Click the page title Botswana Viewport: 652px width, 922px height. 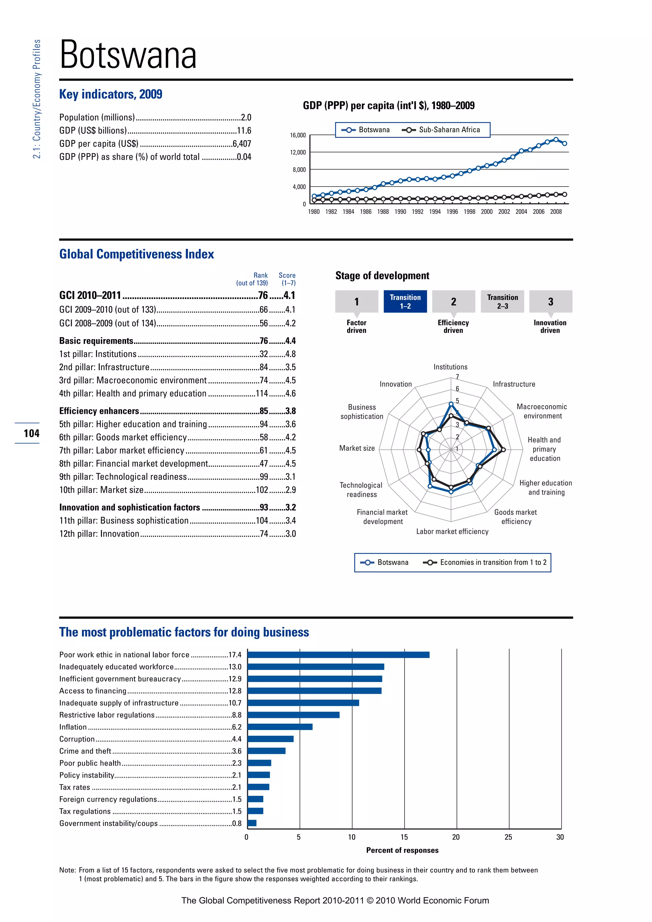(x=128, y=55)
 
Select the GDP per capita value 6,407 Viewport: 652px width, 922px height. (x=242, y=144)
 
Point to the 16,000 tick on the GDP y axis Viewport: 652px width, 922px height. (x=298, y=135)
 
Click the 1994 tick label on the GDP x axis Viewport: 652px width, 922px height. (x=435, y=212)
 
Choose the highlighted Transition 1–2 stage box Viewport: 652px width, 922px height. (x=405, y=301)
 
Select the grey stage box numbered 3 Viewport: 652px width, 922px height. (x=550, y=301)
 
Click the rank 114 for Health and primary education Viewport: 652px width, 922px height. (x=261, y=394)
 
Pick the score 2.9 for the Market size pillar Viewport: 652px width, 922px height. (x=291, y=490)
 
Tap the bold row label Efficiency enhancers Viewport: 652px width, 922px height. (x=99, y=411)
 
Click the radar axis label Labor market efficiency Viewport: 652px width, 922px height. (x=452, y=531)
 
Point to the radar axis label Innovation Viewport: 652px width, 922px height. (x=395, y=384)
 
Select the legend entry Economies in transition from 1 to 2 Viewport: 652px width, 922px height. (x=493, y=562)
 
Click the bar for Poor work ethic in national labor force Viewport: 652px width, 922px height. (x=338, y=655)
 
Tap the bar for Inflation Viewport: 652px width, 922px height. (x=280, y=727)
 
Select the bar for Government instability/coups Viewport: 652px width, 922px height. (x=252, y=823)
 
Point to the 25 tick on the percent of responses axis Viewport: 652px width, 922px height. (x=508, y=837)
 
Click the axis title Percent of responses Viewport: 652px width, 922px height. (x=402, y=850)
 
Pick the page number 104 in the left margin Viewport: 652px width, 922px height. (x=31, y=433)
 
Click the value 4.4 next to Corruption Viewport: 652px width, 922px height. (x=237, y=739)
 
